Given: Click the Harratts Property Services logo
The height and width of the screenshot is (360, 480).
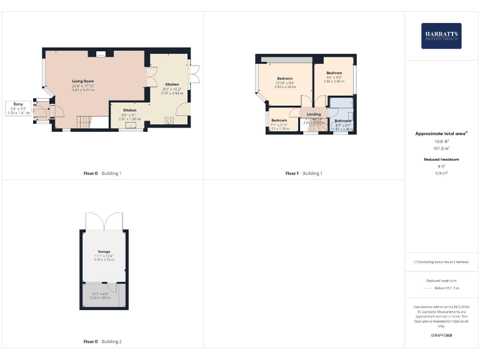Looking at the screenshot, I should pos(441,36).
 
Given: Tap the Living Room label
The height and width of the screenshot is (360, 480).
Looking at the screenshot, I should pos(83,81).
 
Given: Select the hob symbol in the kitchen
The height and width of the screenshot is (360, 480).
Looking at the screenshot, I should pos(168,121).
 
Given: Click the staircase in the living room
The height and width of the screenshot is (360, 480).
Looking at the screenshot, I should pos(84,121).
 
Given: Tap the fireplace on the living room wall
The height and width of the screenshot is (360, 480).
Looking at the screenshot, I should pos(100,56).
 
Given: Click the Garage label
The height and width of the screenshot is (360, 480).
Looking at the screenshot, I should pos(103,251).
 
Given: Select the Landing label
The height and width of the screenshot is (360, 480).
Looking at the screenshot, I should pos(314,114).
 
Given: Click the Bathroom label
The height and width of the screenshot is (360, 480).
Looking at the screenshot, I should pos(342,121).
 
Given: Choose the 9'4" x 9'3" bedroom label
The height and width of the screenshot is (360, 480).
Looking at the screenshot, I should pos(334,73).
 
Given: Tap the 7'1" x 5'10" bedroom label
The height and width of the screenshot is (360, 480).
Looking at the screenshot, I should pos(279,120).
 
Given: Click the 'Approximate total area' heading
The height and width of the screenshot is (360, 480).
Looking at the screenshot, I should pos(441,134).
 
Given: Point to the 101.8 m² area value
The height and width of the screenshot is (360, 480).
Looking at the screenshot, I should pos(441,149).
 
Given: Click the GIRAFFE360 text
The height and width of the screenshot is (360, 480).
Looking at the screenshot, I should pos(441,336).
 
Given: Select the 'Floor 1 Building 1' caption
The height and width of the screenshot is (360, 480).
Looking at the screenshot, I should pos(304,173).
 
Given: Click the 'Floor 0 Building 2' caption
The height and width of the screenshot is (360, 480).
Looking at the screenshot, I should pos(102,342).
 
